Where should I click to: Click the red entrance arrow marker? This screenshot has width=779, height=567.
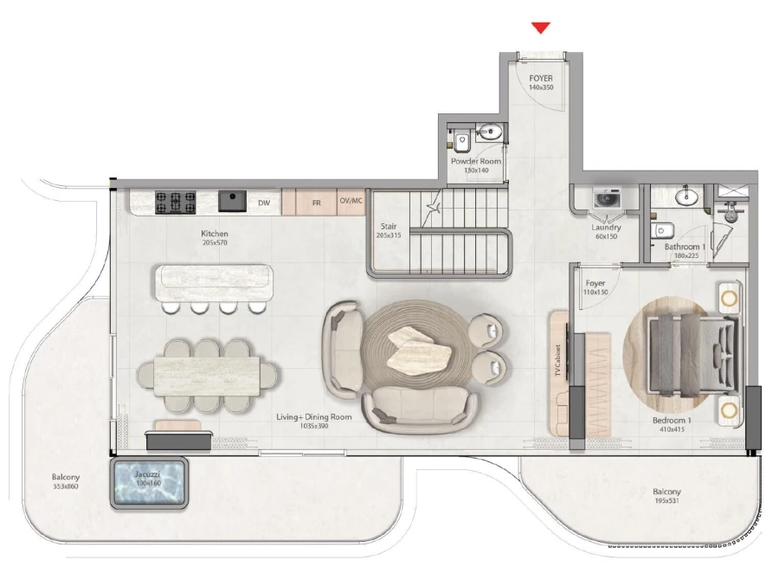pos(541,28)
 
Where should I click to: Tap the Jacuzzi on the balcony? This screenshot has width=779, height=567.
pos(149,483)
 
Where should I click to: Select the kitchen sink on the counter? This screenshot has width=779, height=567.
pos(232,201)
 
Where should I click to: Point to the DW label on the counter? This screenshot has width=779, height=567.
pos(265,203)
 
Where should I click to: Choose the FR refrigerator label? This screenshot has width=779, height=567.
pos(316,203)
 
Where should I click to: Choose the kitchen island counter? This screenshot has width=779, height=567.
pos(213,281)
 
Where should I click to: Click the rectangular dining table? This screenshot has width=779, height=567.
pos(208,373)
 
